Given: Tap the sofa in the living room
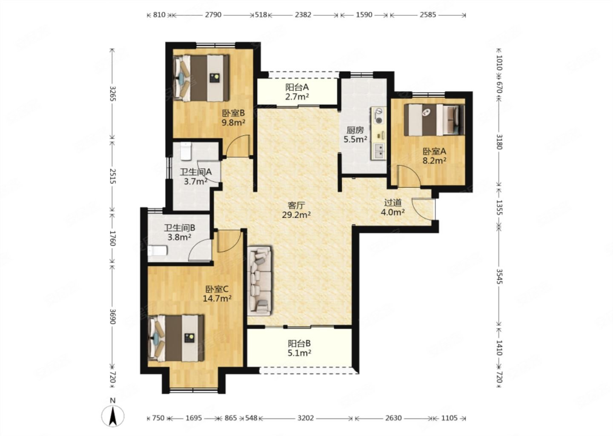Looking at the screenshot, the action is [259, 281].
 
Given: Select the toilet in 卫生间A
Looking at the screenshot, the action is [186, 151].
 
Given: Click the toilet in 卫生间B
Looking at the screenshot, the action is [157, 250].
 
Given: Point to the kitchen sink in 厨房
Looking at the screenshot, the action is [379, 151].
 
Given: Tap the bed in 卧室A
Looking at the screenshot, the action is [434, 120].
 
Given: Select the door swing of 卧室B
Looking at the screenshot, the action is [238, 146].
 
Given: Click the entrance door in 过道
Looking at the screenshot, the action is [423, 208].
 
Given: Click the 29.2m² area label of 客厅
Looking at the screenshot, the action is [296, 215].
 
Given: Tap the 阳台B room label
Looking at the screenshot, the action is [299, 343].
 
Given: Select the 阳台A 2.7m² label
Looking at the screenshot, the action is [297, 92].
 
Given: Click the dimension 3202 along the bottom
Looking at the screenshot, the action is [306, 418].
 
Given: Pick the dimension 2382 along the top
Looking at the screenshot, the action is [303, 15].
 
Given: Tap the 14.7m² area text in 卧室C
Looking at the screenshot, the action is [217, 298].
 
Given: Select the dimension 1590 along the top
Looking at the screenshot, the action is [364, 15].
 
